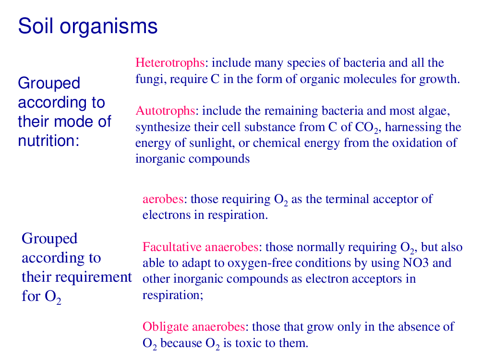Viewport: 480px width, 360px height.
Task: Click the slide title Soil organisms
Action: pyautogui.click(x=88, y=26)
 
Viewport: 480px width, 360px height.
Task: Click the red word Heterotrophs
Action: pyautogui.click(x=170, y=63)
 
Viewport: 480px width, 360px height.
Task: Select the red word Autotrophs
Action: pyautogui.click(x=165, y=111)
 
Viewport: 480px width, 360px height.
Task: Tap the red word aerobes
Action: pyautogui.click(x=163, y=199)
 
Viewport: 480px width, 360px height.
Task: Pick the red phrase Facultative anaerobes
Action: pyautogui.click(x=201, y=247)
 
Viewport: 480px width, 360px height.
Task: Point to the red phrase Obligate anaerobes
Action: pyautogui.click(x=194, y=327)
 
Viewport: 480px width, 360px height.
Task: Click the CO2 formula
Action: pyautogui.click(x=367, y=128)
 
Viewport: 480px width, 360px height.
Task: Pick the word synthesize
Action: pyautogui.click(x=163, y=127)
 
